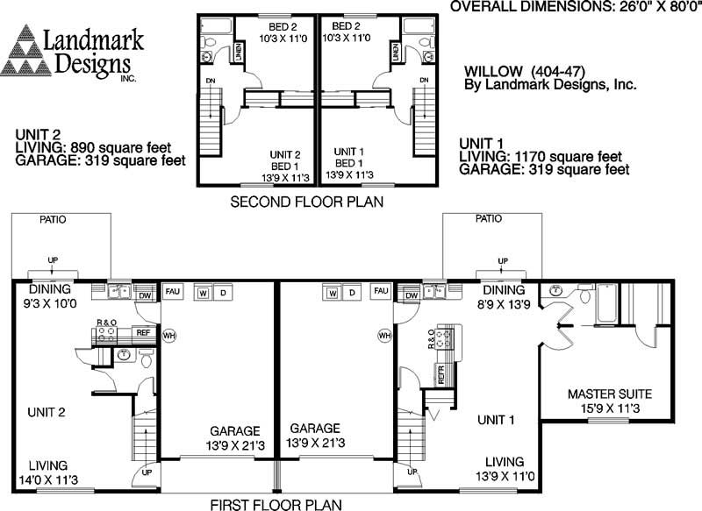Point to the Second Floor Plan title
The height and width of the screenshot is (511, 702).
307,202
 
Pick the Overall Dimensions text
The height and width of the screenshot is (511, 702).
576,7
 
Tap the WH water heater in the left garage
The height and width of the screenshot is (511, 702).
170,335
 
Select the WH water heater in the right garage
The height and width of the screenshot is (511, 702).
383,335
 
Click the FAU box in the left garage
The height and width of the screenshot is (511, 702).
173,290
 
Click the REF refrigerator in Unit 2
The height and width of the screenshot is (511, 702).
142,333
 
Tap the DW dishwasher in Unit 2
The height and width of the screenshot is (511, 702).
145,296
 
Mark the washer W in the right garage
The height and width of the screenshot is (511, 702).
333,291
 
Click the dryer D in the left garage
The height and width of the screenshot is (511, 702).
223,291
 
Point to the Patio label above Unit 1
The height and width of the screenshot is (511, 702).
488,219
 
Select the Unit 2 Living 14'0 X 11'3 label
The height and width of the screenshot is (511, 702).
54,472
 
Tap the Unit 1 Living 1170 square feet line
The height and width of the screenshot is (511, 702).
545,156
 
